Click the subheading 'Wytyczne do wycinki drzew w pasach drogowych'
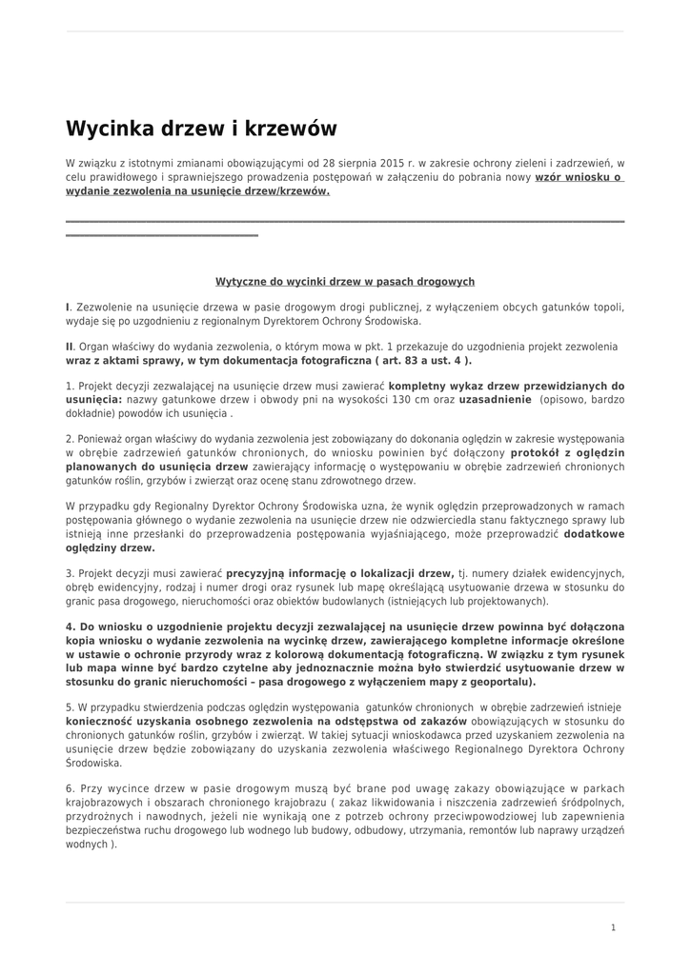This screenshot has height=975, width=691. (345, 282)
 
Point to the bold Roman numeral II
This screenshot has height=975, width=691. (69, 347)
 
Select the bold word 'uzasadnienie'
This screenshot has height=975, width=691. (495, 401)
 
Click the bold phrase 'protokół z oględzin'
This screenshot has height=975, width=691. (567, 453)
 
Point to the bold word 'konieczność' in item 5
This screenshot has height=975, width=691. (101, 722)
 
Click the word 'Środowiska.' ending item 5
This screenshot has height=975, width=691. (93, 763)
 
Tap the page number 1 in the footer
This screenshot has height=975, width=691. (613, 927)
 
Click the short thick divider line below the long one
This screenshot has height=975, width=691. (162, 234)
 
